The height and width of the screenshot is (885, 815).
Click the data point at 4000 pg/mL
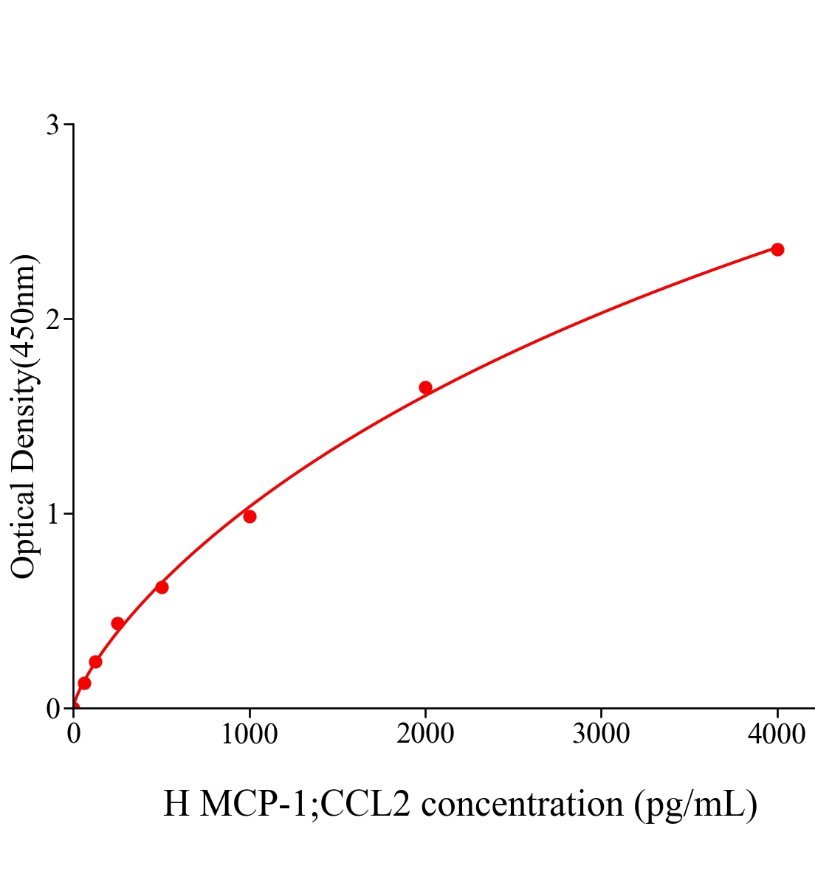pos(777,249)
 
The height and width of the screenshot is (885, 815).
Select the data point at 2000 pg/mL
pos(425,387)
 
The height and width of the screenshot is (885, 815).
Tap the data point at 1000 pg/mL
pos(250,516)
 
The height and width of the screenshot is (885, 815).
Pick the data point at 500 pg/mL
pos(162,587)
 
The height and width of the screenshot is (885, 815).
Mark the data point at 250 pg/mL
pos(117,623)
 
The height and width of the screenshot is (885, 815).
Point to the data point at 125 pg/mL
pos(95,662)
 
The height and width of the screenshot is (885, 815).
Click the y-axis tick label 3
pos(52,125)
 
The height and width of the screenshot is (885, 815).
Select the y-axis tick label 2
pos(52,319)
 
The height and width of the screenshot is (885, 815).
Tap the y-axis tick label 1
pos(52,514)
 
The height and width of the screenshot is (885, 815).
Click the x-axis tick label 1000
pos(250,734)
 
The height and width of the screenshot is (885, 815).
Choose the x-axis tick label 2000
pos(425,734)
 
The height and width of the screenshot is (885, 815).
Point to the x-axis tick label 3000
pos(601,734)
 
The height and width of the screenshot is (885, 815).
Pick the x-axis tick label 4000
pos(777,734)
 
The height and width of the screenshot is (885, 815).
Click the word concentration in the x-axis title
pos(522,804)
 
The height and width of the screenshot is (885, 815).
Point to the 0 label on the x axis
pos(74,734)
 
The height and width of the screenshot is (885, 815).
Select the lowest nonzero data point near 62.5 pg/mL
pos(84,683)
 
